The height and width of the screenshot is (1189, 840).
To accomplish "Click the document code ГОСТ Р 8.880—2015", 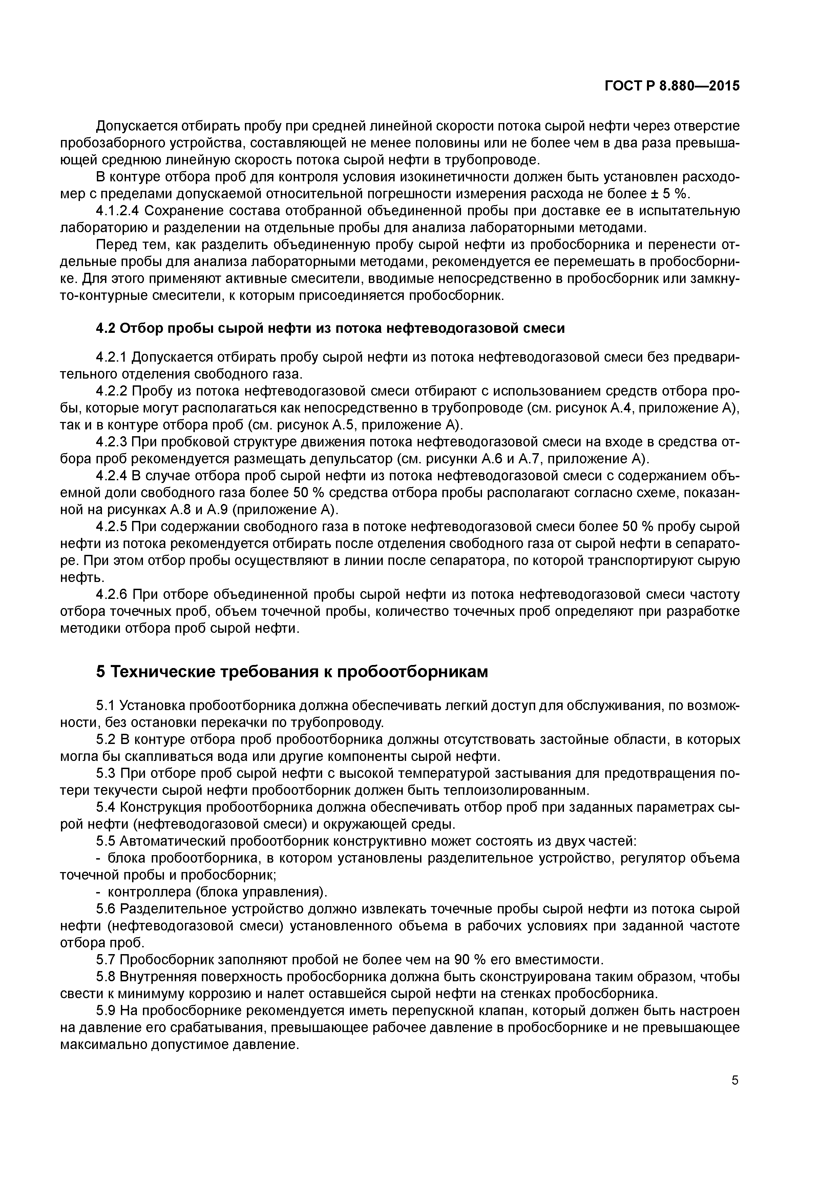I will tap(672, 86).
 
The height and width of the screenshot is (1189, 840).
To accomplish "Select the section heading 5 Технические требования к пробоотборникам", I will tap(292, 672).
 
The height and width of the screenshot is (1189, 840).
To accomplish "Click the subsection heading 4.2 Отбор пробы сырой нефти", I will tap(330, 328).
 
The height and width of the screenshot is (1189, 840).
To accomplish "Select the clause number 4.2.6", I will tap(111, 594).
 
